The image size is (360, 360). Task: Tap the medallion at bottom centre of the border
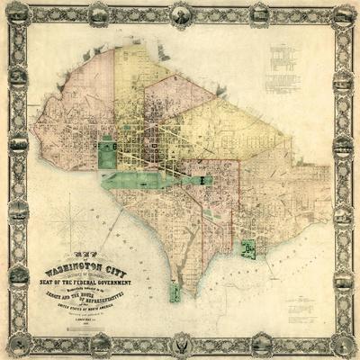[x=179, y=345]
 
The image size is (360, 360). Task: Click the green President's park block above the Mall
[x=108, y=150]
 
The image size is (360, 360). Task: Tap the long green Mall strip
[x=153, y=178]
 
